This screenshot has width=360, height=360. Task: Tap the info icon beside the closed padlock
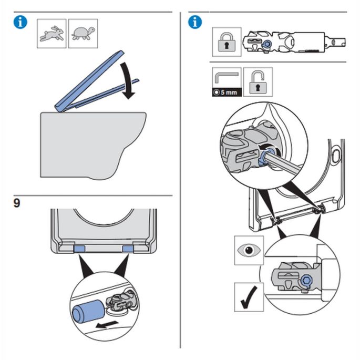click(195, 23)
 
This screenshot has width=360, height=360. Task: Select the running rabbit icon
click(52, 34)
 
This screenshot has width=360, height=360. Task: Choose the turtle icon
click(83, 34)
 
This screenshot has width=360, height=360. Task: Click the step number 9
click(17, 203)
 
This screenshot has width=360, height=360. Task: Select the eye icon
click(248, 251)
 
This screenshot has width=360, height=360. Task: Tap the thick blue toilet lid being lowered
click(89, 81)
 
